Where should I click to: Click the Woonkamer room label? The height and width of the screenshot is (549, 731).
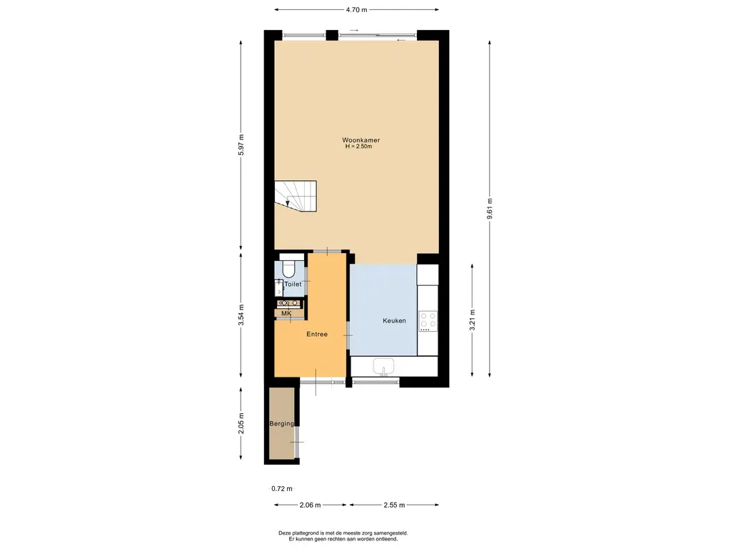click(361, 140)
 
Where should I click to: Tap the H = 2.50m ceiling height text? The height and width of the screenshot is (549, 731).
click(361, 147)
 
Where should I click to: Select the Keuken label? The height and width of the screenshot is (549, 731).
click(394, 321)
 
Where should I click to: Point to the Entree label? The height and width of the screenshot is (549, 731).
click(317, 334)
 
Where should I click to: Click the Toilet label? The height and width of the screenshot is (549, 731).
click(293, 285)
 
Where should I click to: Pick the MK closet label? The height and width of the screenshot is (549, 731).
click(286, 314)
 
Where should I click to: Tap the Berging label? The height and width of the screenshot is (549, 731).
click(281, 424)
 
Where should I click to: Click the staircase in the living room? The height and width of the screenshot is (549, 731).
click(296, 197)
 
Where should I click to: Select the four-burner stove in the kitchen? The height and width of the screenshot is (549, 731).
click(428, 321)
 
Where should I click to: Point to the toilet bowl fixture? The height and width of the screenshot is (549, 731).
click(288, 267)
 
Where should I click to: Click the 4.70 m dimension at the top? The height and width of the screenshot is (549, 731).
click(355, 10)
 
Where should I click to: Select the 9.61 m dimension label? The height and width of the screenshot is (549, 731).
click(490, 209)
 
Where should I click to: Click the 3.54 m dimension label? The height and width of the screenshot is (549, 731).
click(241, 315)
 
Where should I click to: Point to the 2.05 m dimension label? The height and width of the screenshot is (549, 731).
click(241, 425)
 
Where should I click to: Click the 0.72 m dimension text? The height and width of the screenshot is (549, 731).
click(282, 489)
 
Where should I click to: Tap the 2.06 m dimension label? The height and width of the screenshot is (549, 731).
click(309, 505)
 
